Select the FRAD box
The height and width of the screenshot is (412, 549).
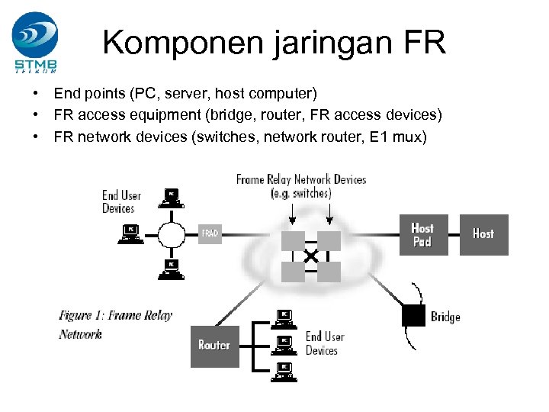tap(210, 233)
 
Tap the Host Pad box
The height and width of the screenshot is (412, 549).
tap(422, 234)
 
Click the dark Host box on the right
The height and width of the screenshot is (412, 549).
tap(483, 234)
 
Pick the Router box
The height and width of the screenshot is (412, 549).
tap(214, 346)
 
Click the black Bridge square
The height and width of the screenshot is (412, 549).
tap(413, 315)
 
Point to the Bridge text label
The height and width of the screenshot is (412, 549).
tap(445, 316)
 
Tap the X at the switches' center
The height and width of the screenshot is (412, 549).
tap(311, 257)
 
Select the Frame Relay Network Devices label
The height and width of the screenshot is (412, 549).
tap(301, 186)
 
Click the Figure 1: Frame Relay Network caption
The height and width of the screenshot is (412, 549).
tap(115, 324)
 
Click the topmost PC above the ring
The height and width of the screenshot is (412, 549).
tap(172, 197)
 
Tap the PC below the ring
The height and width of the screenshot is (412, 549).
tap(172, 268)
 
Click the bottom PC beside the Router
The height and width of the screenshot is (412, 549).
tap(284, 371)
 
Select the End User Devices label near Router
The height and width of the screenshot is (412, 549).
tap(325, 343)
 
